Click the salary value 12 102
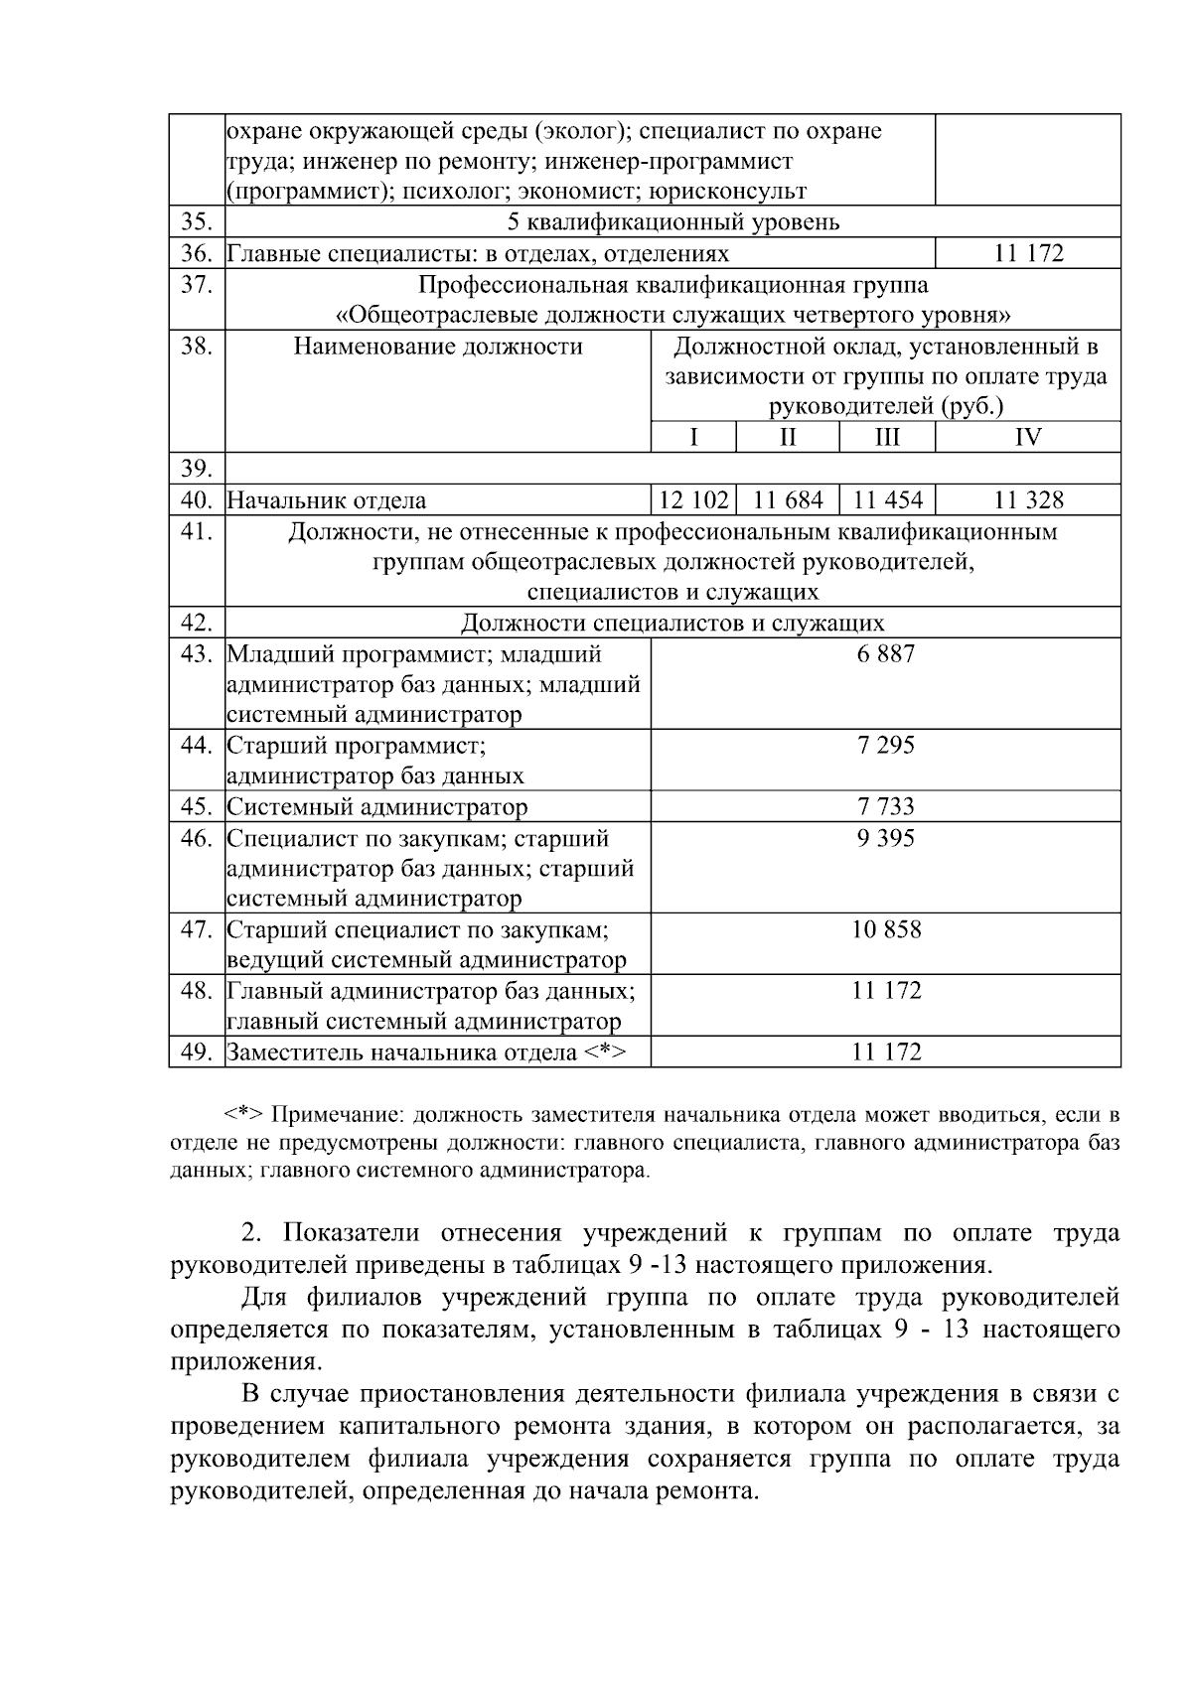(x=693, y=499)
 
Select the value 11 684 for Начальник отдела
(x=788, y=499)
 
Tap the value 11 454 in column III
(x=887, y=499)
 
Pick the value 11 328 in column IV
(x=1028, y=499)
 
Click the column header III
(x=887, y=437)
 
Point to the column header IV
(x=1028, y=437)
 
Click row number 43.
(x=197, y=654)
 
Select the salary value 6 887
(x=886, y=654)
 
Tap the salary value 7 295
(x=886, y=746)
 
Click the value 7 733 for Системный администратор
(x=886, y=806)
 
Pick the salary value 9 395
(x=886, y=838)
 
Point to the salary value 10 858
(x=886, y=929)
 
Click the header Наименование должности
(x=438, y=347)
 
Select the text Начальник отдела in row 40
(x=327, y=500)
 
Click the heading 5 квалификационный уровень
(x=672, y=221)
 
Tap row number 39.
(x=197, y=469)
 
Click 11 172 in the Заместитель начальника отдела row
(x=886, y=1052)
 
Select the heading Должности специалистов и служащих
(x=672, y=623)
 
